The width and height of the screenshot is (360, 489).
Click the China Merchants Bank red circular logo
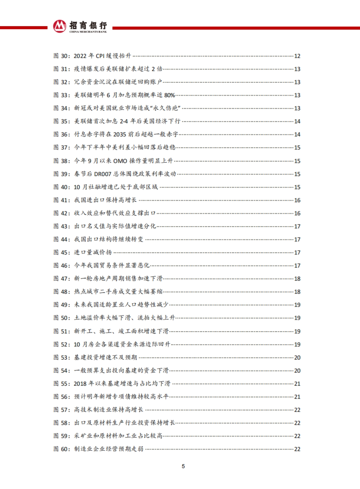60,26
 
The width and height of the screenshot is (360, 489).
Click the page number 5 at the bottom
183,466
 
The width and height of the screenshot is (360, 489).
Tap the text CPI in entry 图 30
100,56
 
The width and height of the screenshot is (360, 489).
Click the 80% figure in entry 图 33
169,95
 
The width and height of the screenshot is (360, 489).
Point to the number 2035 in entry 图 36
119,134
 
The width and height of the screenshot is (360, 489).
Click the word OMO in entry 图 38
120,161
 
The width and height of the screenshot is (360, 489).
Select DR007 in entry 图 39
103,174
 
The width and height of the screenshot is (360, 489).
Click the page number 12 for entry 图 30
297,56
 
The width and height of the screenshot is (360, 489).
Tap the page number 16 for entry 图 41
297,200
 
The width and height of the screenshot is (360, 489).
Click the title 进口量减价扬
93,253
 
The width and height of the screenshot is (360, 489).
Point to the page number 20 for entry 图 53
297,358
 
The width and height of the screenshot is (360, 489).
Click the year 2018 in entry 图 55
80,384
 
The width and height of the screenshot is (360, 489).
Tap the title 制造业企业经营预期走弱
109,449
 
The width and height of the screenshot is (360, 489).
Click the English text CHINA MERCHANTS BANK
88,31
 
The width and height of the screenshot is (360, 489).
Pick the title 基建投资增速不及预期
106,358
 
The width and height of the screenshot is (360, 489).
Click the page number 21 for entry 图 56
297,397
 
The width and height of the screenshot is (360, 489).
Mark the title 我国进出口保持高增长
106,200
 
